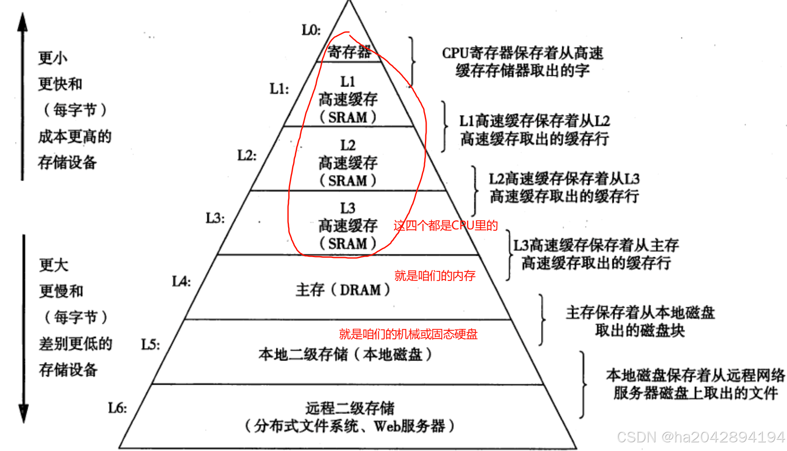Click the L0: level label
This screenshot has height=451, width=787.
click(311, 30)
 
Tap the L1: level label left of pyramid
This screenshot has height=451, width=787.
click(279, 89)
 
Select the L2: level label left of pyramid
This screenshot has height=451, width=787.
click(246, 155)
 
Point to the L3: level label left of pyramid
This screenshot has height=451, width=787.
click(215, 218)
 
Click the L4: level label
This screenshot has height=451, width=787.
click(181, 281)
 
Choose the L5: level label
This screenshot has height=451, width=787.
click(150, 345)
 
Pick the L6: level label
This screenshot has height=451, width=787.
click(117, 408)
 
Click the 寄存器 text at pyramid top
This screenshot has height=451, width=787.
click(349, 52)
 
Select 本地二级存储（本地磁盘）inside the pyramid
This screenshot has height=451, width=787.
click(345, 354)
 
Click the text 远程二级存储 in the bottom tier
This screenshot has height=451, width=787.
click(350, 408)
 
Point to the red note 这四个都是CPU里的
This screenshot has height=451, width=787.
click(446, 225)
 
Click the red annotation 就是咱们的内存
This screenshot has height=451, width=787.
click(435, 276)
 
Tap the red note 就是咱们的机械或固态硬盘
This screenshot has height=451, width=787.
click(408, 334)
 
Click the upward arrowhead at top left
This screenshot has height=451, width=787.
click(23, 22)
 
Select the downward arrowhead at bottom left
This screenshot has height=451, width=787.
click(23, 413)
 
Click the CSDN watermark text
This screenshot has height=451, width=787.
click(700, 437)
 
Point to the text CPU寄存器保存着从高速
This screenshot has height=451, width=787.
click(522, 53)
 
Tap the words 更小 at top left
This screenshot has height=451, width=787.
click(52, 58)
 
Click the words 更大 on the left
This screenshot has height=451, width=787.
click(54, 265)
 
